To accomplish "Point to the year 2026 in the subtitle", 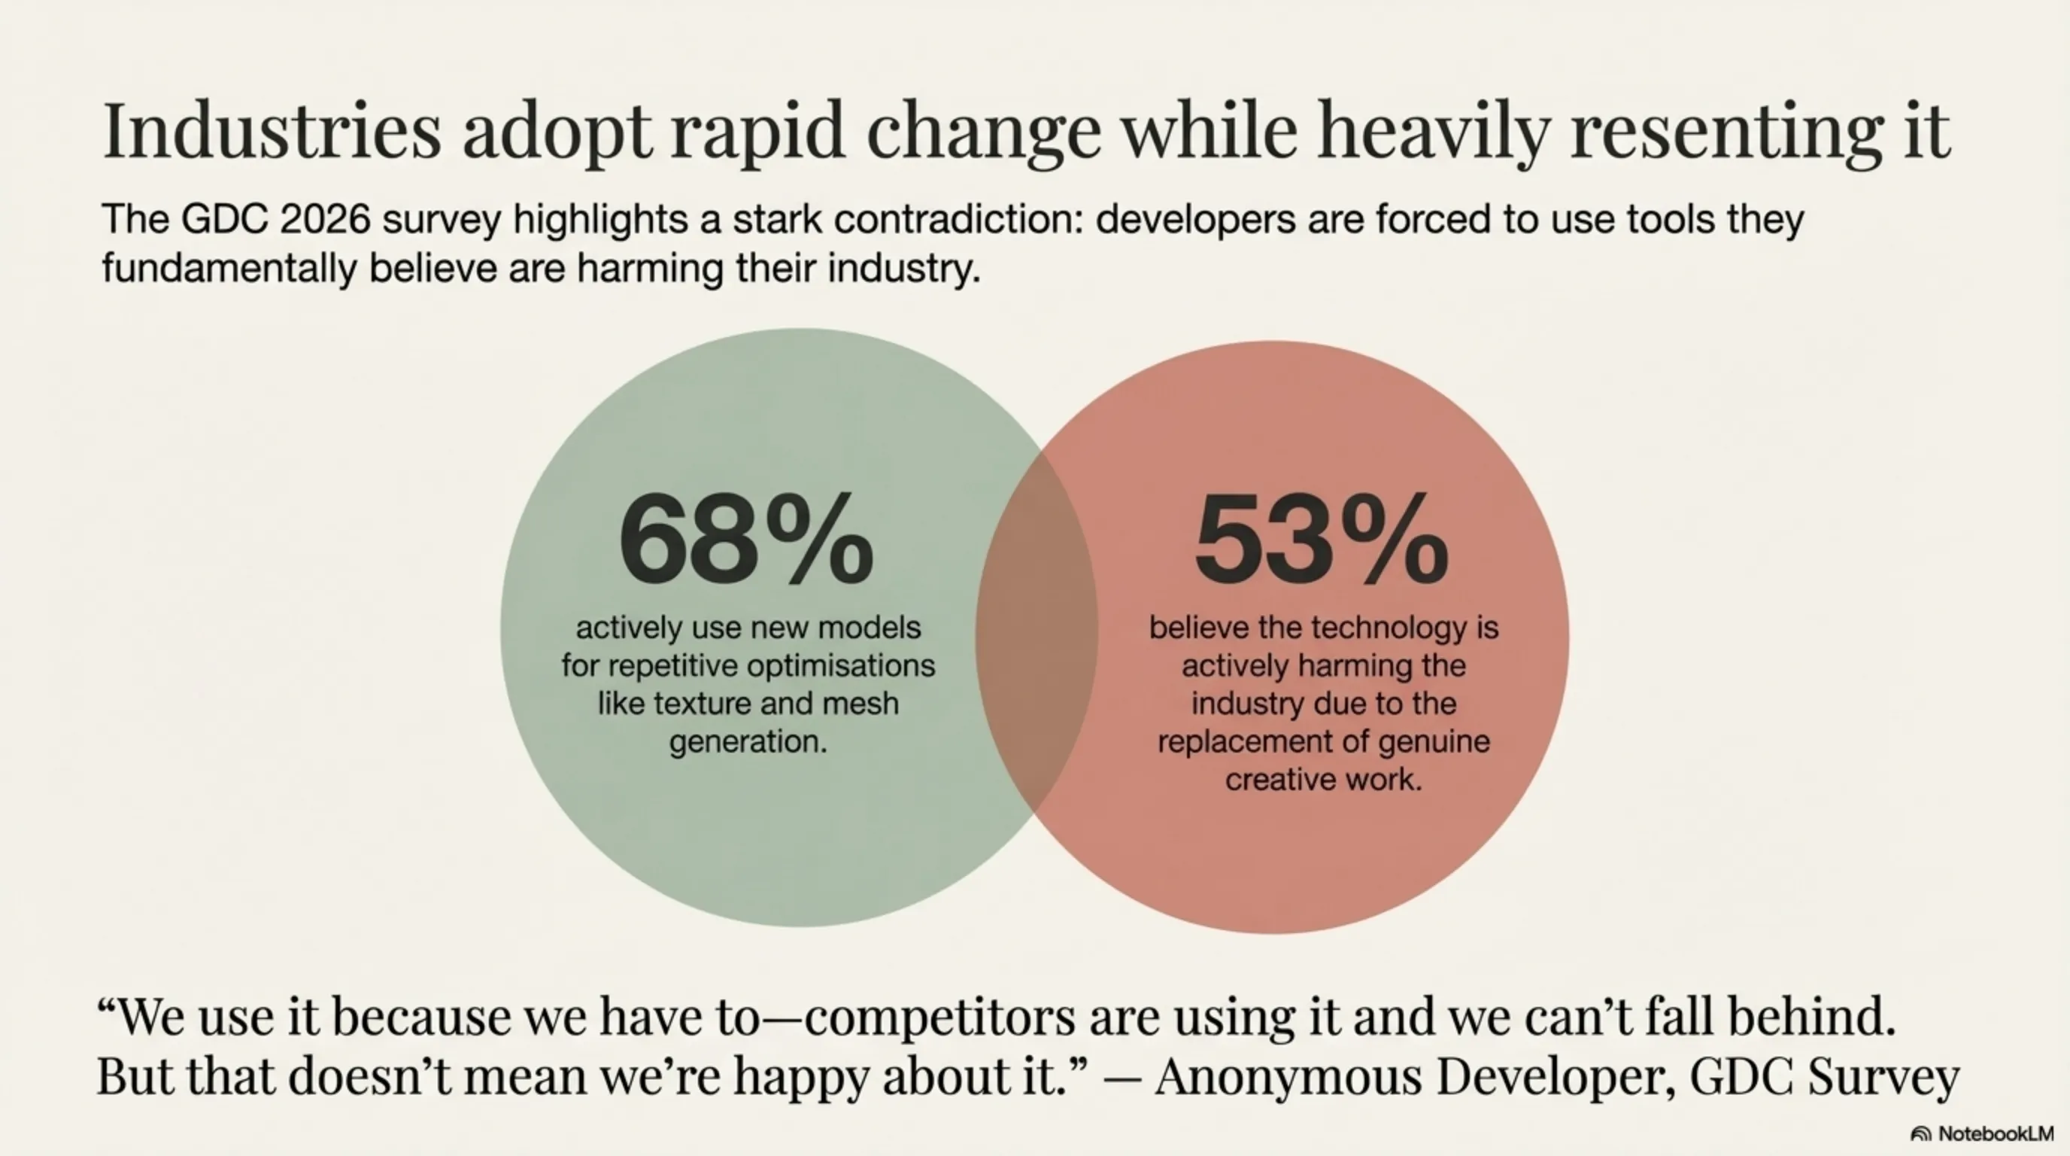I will click(x=325, y=219).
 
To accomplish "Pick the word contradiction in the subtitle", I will click(x=957, y=219).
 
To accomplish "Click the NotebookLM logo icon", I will click(x=1920, y=1134).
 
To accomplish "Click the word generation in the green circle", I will click(x=748, y=741).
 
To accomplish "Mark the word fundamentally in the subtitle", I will click(x=229, y=268).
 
